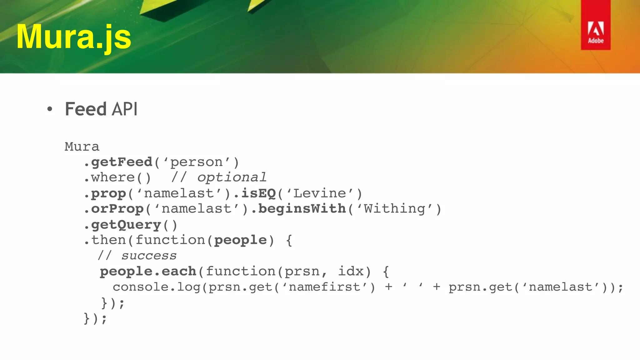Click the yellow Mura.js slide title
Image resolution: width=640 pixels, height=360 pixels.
[x=74, y=37]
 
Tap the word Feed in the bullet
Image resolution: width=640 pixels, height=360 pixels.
[x=86, y=109]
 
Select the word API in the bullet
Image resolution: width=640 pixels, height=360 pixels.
[x=124, y=109]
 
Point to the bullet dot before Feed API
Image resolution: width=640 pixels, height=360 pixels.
[x=49, y=109]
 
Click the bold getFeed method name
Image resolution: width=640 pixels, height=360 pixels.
[x=122, y=162]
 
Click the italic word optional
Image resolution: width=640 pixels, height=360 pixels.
[x=232, y=177]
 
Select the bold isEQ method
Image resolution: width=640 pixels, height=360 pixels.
[x=258, y=193]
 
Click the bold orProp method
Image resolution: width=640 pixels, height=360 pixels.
[x=117, y=209]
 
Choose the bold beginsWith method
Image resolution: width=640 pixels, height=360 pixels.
[x=302, y=209]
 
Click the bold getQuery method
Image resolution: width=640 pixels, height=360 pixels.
[x=126, y=225]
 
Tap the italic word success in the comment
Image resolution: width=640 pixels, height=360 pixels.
[x=149, y=256]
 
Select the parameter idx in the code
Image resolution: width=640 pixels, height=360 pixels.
[x=351, y=271]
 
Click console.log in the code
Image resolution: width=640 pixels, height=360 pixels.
[x=156, y=287]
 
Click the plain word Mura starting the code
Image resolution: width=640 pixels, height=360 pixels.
[x=82, y=147]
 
